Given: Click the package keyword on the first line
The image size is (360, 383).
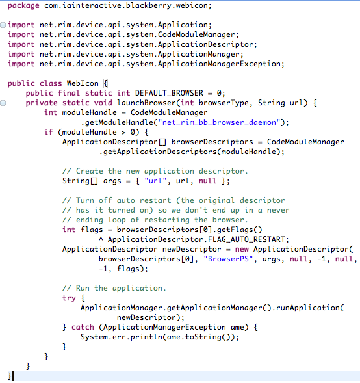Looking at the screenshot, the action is click(x=23, y=6).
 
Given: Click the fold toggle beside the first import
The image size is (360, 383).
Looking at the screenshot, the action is click(x=3, y=25).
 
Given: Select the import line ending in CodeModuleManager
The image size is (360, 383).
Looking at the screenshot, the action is click(x=123, y=34).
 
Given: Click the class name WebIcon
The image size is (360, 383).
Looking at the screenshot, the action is click(x=83, y=83).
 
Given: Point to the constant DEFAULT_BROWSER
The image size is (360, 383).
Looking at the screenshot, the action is click(x=169, y=93).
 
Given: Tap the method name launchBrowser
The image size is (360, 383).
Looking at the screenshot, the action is click(x=146, y=103).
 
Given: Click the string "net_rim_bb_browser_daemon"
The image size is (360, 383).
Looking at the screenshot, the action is click(x=219, y=122).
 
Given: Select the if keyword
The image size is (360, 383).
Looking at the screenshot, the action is click(x=48, y=132).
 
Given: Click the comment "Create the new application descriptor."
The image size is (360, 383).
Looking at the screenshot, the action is click(x=155, y=171).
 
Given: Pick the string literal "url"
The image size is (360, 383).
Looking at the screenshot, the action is click(x=155, y=181).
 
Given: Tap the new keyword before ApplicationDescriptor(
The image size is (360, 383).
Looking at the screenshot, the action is click(x=242, y=250).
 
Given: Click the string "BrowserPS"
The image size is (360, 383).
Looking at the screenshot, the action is click(x=228, y=259).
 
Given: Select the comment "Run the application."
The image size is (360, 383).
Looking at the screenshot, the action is click(x=114, y=288).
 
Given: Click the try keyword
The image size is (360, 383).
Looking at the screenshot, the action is click(x=69, y=298).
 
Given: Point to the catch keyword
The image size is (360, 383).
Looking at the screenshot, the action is click(x=83, y=327).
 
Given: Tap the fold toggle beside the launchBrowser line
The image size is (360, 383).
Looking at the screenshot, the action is click(x=3, y=103).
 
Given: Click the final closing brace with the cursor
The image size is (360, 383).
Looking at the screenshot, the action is click(x=10, y=376).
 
